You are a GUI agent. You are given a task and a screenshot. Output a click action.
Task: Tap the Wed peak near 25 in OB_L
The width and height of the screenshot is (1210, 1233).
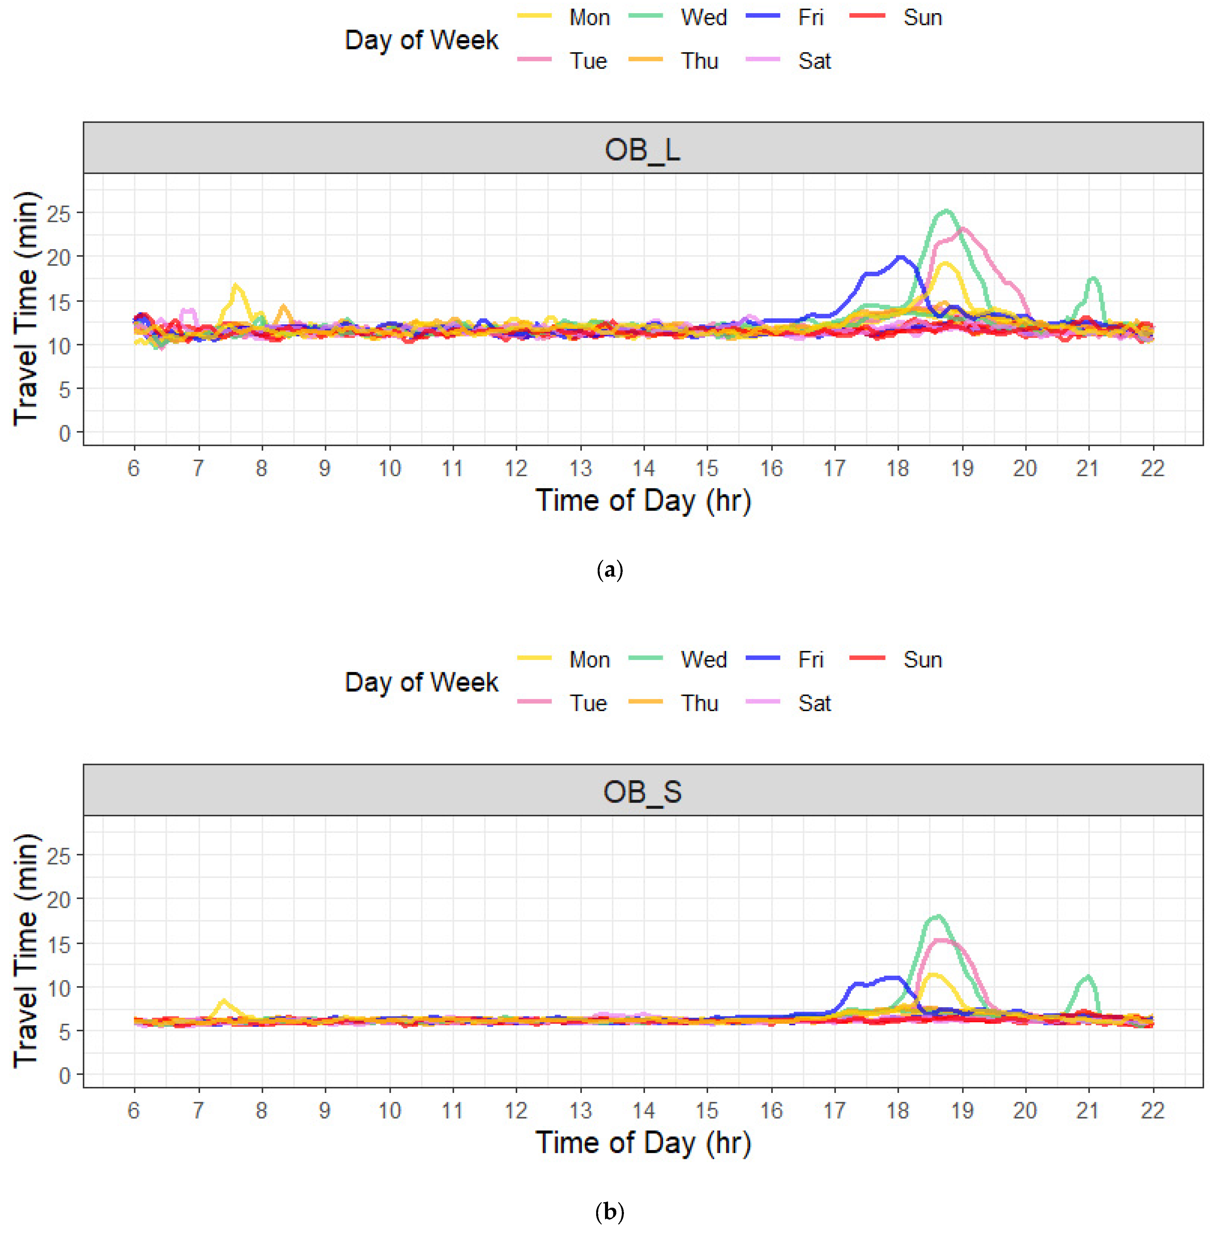tap(945, 211)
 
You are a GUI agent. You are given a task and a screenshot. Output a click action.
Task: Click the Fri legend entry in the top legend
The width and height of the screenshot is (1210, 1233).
tap(810, 18)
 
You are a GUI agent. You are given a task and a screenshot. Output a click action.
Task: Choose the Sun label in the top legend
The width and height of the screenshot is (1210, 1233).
tap(922, 18)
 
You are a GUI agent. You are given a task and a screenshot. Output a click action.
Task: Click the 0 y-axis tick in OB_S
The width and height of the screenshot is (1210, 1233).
tap(64, 1075)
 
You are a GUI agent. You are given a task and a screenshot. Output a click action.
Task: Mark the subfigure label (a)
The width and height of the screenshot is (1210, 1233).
tap(610, 570)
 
